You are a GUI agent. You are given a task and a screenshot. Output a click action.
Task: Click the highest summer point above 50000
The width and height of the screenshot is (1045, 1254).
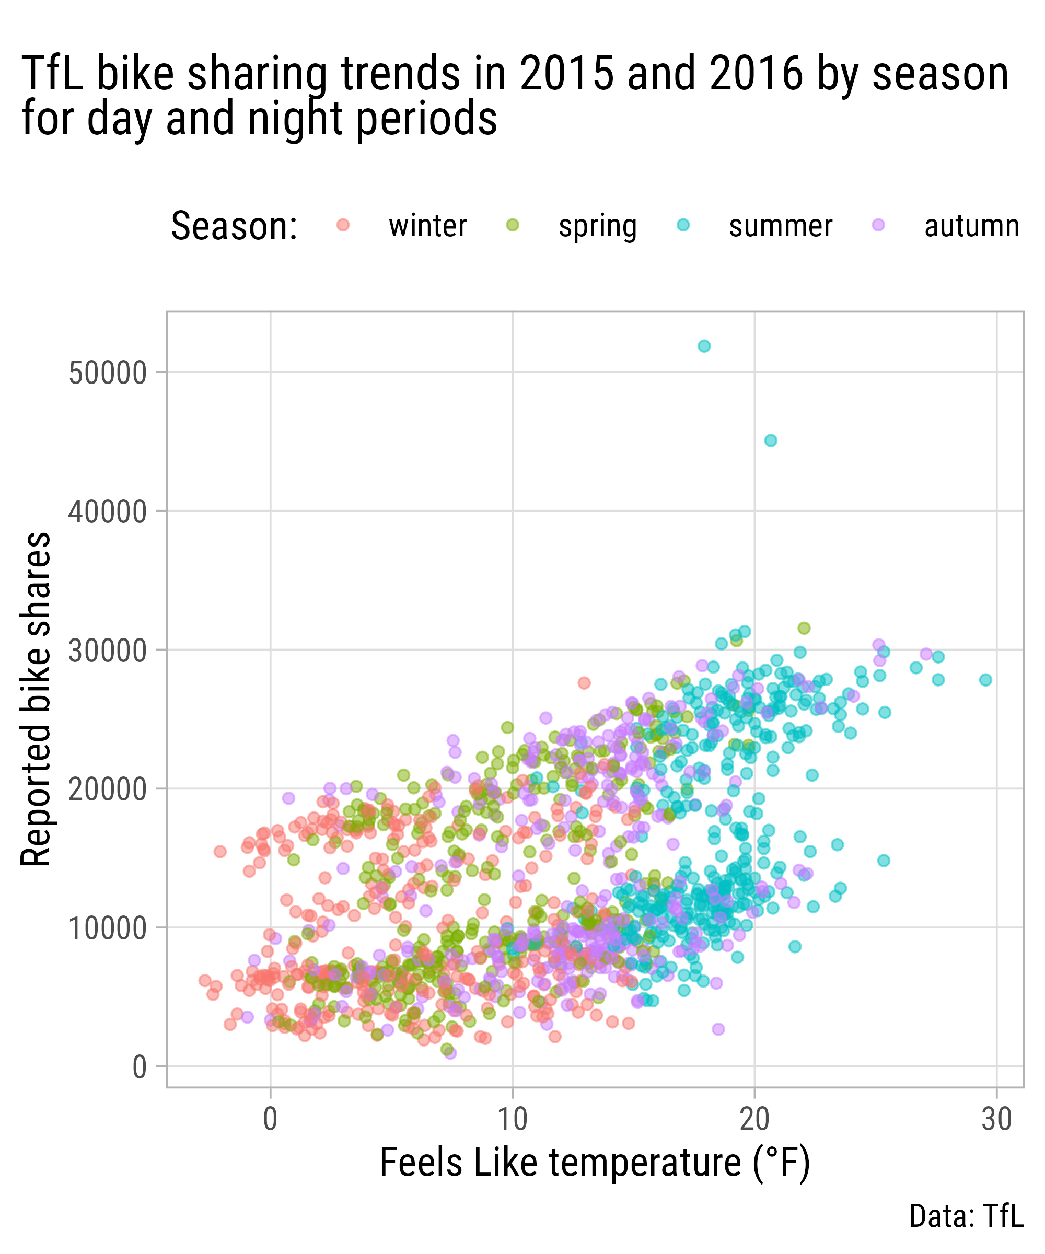pyautogui.click(x=704, y=346)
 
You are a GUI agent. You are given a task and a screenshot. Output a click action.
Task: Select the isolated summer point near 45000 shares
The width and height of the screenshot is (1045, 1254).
pyautogui.click(x=770, y=440)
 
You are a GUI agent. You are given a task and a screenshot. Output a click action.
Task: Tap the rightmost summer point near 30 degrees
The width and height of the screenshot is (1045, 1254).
pyautogui.click(x=985, y=680)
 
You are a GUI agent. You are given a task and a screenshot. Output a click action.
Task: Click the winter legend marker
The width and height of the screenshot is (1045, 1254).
pyautogui.click(x=343, y=225)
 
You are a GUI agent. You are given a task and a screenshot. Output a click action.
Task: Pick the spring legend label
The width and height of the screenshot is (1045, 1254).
pyautogui.click(x=597, y=226)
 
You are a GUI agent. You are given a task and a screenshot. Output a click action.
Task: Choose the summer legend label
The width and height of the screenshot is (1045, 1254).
pyautogui.click(x=780, y=226)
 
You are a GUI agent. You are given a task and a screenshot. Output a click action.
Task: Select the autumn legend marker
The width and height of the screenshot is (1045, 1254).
pyautogui.click(x=878, y=225)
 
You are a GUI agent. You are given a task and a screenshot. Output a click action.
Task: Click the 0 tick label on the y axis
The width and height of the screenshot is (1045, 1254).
pyautogui.click(x=139, y=1067)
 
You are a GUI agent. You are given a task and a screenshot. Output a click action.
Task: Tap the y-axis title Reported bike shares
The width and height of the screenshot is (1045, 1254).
pyautogui.click(x=36, y=699)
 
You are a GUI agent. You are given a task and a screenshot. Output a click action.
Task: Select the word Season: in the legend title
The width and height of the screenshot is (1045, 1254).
pyautogui.click(x=234, y=226)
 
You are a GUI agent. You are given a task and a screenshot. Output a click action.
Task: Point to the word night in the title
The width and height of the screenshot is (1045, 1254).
pyautogui.click(x=296, y=118)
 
